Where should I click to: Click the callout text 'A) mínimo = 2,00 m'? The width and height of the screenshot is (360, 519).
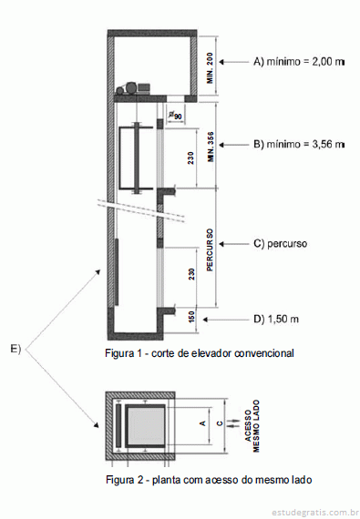pos(299,62)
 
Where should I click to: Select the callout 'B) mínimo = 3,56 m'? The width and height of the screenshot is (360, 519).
pos(299,145)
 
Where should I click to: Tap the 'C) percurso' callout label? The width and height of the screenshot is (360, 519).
pos(280,244)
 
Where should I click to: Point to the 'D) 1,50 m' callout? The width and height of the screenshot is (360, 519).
pos(276,319)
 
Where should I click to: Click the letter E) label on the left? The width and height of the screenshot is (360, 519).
pos(15,349)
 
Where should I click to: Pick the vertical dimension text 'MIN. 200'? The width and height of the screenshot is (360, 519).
pos(210,68)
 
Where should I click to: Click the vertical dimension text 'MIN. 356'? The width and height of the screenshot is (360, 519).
pos(211,147)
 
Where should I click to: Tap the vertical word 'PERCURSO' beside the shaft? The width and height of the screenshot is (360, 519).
pos(210,249)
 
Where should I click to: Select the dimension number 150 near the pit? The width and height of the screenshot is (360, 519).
pos(191,317)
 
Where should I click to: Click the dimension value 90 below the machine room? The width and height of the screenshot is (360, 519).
pos(177,116)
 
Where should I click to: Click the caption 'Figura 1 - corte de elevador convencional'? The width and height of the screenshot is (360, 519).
pos(200,353)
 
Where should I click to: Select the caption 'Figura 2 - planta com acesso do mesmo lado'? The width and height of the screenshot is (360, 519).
pos(209,480)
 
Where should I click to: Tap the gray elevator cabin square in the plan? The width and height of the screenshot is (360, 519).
pos(145,425)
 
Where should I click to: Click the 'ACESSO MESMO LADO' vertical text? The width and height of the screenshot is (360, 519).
pos(252,426)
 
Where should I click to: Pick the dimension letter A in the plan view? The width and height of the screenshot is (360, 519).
pos(202,423)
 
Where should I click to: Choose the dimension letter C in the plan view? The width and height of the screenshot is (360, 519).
pos(220,423)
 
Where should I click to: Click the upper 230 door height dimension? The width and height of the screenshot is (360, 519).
pos(190,158)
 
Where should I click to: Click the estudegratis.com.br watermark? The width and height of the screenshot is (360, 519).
pos(314,513)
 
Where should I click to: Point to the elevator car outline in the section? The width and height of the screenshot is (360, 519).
pos(120,158)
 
